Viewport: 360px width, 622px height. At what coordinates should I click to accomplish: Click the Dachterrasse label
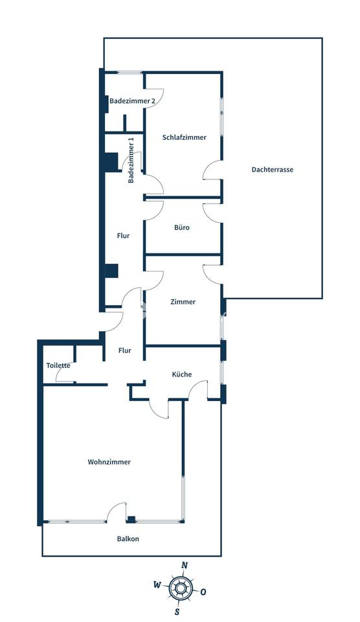point(273,169)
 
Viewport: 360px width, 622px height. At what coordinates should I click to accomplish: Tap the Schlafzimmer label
point(185,137)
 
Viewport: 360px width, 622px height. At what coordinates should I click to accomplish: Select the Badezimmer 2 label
point(132,101)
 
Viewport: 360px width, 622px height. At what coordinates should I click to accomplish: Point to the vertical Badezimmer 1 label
point(131,160)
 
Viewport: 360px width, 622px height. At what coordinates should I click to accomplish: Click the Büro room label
point(182,227)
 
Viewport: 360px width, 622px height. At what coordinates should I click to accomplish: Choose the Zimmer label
point(183,301)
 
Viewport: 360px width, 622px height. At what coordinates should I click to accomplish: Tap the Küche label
point(182,374)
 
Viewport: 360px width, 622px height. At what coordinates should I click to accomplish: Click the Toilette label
point(58,365)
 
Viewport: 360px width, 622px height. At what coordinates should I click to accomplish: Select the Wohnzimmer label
point(109,462)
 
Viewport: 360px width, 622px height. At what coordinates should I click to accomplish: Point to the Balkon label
point(128,538)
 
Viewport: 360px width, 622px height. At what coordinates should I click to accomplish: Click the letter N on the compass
point(184,565)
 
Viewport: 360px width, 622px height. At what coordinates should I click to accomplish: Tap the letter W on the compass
point(157,584)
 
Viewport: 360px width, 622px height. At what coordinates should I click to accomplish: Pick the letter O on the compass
point(203,592)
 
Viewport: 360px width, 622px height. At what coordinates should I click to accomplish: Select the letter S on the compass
point(177,612)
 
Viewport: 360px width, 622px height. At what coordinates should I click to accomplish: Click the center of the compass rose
point(181,588)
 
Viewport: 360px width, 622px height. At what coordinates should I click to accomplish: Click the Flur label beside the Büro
point(123,236)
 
